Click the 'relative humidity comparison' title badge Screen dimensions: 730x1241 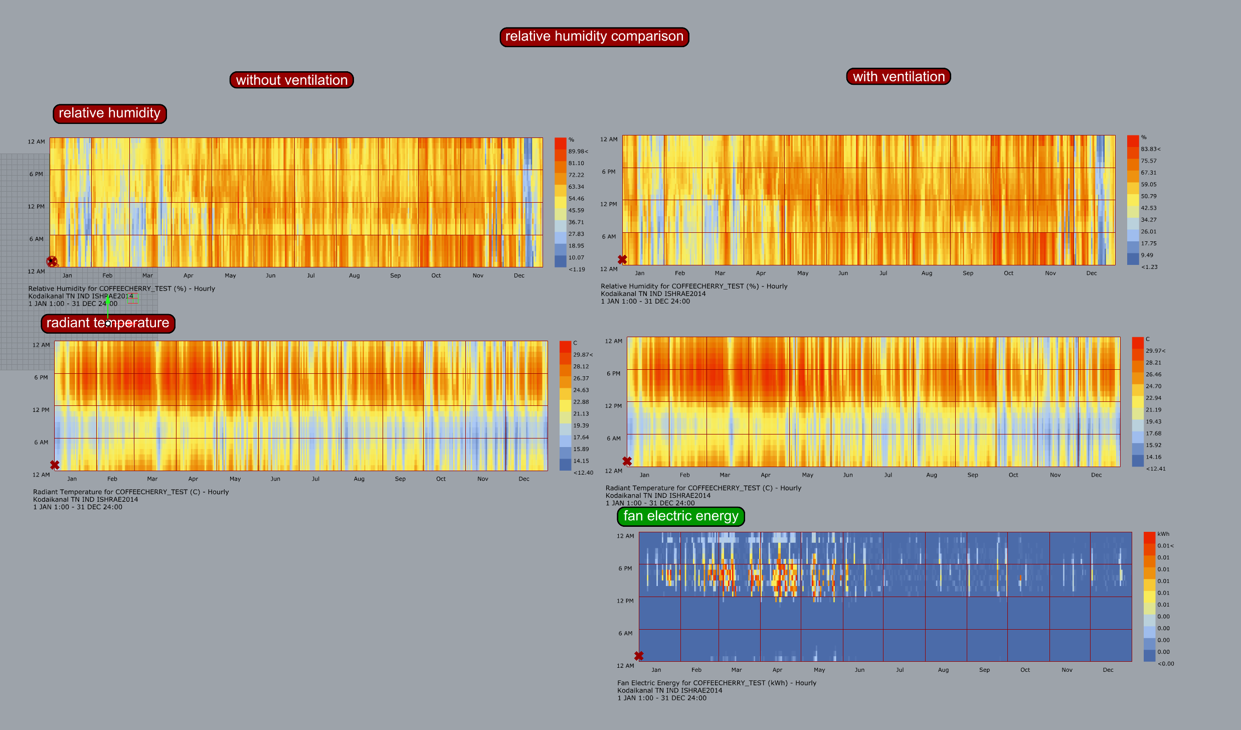point(594,37)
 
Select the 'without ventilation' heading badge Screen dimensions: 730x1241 point(291,80)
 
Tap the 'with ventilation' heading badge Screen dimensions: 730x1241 point(899,77)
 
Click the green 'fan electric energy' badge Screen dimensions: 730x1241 point(680,516)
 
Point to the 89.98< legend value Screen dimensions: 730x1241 point(578,152)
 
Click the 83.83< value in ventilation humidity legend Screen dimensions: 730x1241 point(1150,149)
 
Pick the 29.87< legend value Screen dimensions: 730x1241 point(583,355)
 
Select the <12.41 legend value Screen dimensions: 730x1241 point(1155,469)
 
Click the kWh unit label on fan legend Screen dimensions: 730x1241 point(1163,534)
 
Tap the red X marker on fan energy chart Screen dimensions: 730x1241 point(639,656)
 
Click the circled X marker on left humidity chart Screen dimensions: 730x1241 point(52,261)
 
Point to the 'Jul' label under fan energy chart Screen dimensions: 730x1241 point(900,670)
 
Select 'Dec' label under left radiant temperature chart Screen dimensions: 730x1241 point(523,479)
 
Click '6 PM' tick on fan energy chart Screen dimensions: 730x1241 point(625,568)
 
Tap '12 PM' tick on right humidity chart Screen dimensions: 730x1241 point(608,204)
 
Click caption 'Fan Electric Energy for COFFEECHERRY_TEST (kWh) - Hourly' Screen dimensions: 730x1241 point(717,683)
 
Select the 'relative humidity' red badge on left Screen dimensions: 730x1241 point(109,113)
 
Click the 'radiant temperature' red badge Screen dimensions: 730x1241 point(108,323)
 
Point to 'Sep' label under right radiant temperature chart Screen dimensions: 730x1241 point(972,475)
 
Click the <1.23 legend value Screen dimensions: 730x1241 point(1149,267)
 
